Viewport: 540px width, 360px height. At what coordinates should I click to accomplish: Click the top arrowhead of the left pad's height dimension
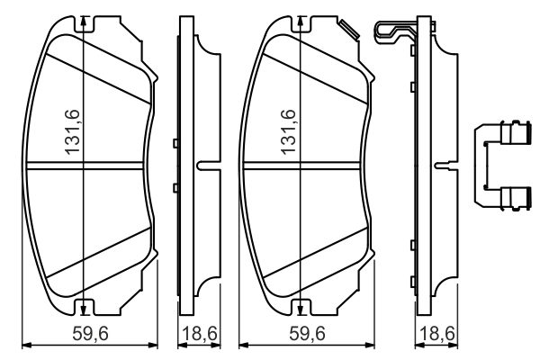(x=83, y=22)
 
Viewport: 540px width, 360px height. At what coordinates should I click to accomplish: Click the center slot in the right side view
(x=445, y=165)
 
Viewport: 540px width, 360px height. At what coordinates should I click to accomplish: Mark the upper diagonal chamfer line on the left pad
(x=97, y=78)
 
